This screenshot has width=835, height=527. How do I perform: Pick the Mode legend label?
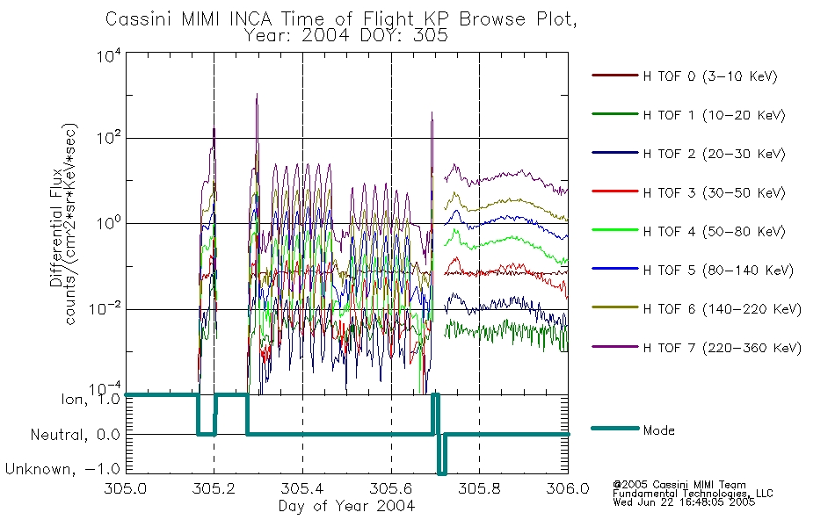[x=658, y=430]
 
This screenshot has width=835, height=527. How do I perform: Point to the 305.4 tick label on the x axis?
[x=302, y=488]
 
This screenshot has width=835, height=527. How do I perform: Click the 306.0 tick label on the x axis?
[x=568, y=488]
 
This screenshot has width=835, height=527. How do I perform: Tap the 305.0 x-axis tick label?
[x=125, y=488]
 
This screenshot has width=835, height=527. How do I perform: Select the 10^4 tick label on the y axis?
[x=109, y=55]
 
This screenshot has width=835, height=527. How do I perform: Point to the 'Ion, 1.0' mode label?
[x=91, y=399]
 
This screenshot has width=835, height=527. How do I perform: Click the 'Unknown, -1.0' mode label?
[x=62, y=469]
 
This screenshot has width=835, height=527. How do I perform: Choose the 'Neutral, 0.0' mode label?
[x=75, y=435]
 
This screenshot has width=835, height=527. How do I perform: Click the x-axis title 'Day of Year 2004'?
[x=346, y=506]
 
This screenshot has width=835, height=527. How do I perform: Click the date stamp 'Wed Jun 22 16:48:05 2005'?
[x=684, y=502]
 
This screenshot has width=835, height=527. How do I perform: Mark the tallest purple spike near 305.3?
[x=258, y=95]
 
